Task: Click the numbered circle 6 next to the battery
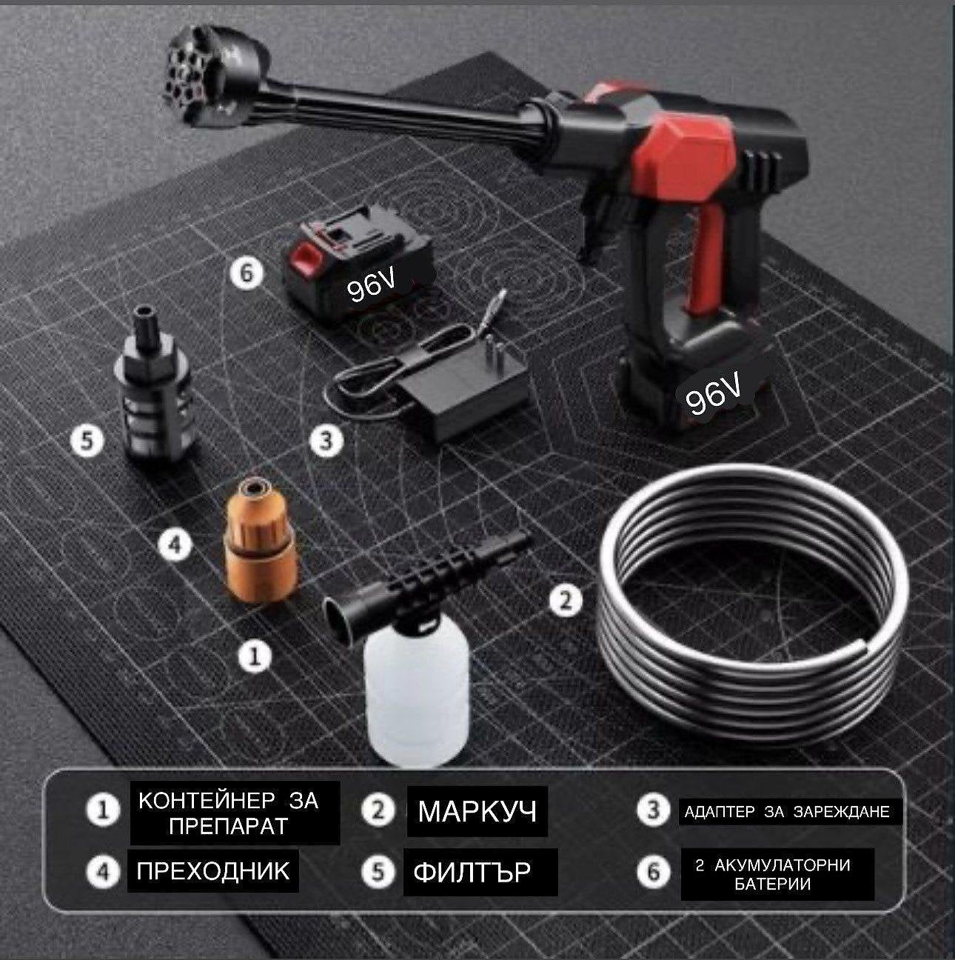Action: pyautogui.click(x=247, y=273)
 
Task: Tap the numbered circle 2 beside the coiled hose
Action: pyautogui.click(x=566, y=601)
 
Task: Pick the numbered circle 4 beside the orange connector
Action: pyautogui.click(x=175, y=544)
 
